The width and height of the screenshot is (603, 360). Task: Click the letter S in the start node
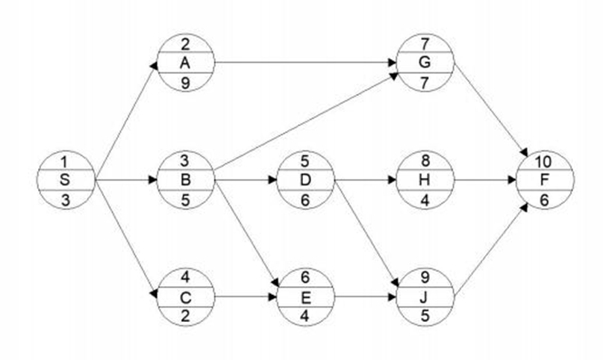tap(67, 180)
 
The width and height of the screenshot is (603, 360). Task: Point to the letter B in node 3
tap(187, 180)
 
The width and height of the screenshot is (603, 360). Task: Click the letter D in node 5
tap(306, 180)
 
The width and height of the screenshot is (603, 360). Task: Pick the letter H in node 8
tap(425, 180)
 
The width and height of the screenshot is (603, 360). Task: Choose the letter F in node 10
tap(546, 180)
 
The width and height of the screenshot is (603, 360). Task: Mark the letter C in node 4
tap(187, 297)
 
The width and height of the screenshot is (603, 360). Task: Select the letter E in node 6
tap(306, 297)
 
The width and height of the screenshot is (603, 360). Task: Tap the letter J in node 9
tap(425, 297)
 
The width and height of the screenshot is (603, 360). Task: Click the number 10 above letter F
tap(546, 162)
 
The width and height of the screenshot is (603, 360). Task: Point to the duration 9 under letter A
tap(187, 82)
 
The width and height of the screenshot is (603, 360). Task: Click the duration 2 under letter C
tap(187, 314)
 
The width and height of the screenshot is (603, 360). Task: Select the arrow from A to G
tap(306, 63)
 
